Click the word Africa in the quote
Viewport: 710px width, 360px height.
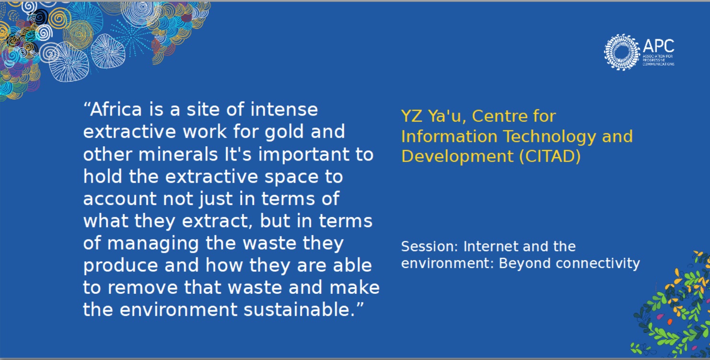(x=116, y=109)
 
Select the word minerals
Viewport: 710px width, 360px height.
(x=178, y=154)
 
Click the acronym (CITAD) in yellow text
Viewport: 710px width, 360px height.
(x=550, y=156)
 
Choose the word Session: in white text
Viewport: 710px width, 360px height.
(x=430, y=246)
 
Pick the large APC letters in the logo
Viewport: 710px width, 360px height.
(x=658, y=46)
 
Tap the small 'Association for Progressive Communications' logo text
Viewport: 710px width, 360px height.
(x=658, y=60)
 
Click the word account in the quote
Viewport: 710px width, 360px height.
(x=120, y=199)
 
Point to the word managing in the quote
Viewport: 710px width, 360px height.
(x=153, y=244)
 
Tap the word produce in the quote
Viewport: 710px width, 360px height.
(x=121, y=266)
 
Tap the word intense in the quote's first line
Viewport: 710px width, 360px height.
(x=284, y=110)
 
